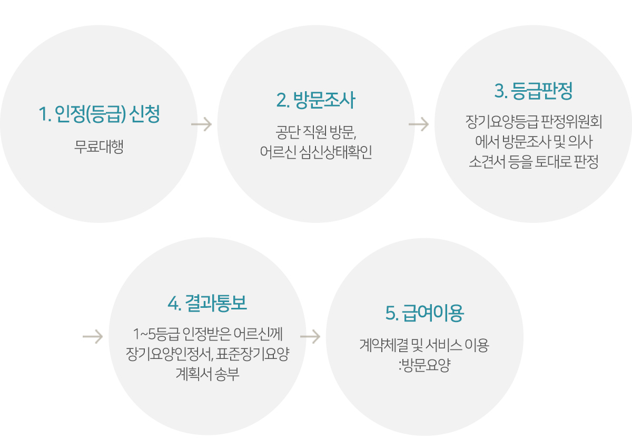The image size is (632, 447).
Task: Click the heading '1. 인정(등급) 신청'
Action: coord(100,114)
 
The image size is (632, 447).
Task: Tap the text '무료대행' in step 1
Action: coord(99,147)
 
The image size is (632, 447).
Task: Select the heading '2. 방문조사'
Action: coord(315,100)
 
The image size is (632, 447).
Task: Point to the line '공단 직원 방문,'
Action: coord(316,132)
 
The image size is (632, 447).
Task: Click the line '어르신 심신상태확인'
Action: coord(316,152)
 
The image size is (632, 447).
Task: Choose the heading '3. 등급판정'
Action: coord(533,91)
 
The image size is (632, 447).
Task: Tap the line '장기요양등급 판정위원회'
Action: coord(534,122)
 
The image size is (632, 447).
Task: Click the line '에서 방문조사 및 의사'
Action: coord(534,142)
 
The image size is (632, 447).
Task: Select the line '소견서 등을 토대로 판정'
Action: coord(534,162)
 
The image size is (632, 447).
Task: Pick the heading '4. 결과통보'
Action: coord(208,303)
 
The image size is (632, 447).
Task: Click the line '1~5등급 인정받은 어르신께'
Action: coord(208,334)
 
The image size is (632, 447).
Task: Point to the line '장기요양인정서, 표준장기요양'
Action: coord(208,354)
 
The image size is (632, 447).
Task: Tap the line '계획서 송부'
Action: coord(208,374)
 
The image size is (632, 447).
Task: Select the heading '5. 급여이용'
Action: coord(424,313)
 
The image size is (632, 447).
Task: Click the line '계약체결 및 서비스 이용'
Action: coord(424,345)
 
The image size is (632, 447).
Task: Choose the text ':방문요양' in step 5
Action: coord(424,365)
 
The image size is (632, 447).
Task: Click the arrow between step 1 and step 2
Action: coord(201,124)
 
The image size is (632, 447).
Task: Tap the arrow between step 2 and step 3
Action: coord(419,124)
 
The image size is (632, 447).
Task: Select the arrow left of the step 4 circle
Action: coord(93,337)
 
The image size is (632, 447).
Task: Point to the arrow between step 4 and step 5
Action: coord(310,337)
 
